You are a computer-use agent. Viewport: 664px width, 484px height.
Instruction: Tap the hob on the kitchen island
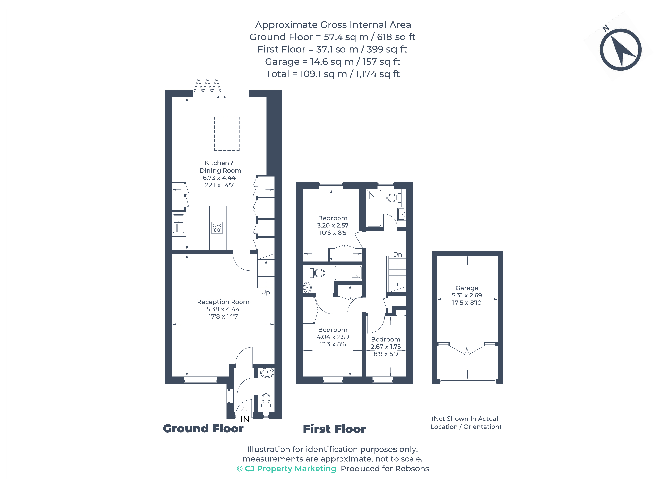tap(217, 228)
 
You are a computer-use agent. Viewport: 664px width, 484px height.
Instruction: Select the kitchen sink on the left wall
tap(179, 224)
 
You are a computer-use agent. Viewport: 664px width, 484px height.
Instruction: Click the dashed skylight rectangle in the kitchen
tap(227, 134)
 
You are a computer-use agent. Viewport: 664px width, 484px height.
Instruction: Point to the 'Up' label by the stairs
tap(266, 292)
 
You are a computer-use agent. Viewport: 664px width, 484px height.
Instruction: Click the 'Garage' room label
tap(467, 288)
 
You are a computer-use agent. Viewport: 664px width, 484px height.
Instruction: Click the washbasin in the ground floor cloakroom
tap(267, 373)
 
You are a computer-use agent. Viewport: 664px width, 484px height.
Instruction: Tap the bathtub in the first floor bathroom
tap(374, 208)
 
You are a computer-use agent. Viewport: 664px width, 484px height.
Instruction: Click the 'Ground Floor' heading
tap(203, 429)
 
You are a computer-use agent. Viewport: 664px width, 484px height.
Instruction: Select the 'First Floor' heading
tap(334, 429)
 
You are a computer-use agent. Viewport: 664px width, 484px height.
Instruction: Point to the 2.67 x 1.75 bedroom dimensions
tap(386, 347)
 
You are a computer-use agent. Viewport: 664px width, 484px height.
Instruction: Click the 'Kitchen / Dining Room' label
tap(220, 167)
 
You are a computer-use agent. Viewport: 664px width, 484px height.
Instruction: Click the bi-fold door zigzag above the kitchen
tap(207, 86)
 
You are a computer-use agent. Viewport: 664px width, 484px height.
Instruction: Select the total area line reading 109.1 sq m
tap(333, 74)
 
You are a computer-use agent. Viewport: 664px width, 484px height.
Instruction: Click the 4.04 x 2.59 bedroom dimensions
tap(333, 337)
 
